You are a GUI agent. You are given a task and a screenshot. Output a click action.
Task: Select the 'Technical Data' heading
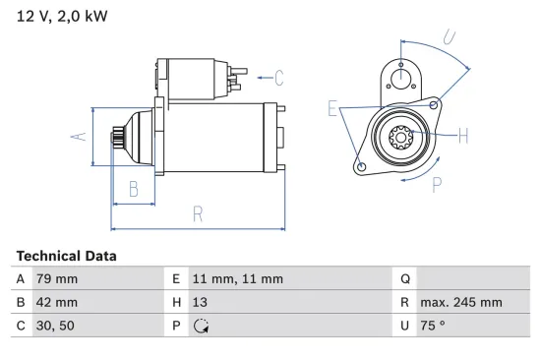[x=66, y=256]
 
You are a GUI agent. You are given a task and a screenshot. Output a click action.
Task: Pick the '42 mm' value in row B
[x=56, y=303]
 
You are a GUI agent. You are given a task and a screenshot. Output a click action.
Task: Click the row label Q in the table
[x=404, y=278]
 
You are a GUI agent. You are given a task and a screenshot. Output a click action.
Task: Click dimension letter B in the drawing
[x=134, y=190]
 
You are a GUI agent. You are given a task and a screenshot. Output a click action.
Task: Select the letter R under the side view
[x=198, y=213]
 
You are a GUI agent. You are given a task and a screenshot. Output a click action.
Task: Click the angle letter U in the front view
[x=449, y=39]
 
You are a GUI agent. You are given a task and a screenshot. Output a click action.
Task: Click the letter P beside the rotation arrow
[x=436, y=184]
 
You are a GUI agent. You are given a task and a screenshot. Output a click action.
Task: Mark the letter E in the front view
[x=332, y=109]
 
